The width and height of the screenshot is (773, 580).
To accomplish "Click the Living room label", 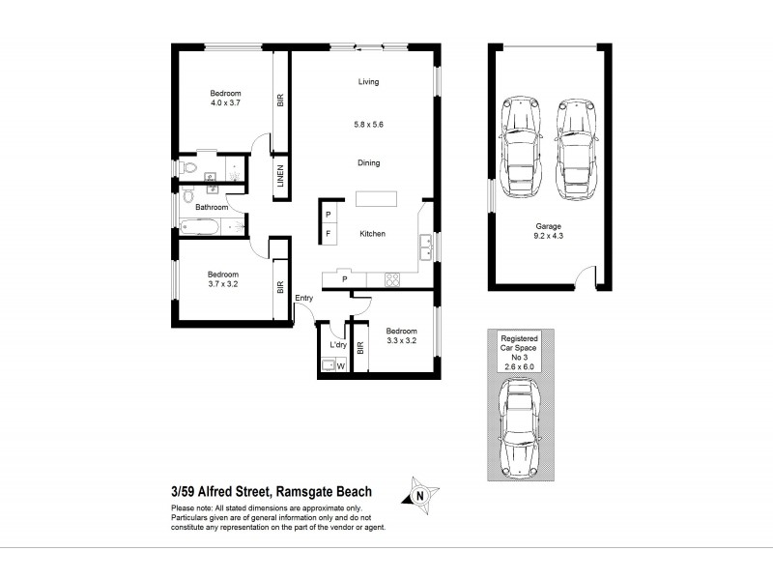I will pyautogui.click(x=366, y=82).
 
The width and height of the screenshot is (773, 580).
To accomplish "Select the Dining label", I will pyautogui.click(x=366, y=163).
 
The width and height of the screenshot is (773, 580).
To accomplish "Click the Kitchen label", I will pyautogui.click(x=373, y=235).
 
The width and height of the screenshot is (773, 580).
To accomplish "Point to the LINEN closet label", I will pyautogui.click(x=280, y=177).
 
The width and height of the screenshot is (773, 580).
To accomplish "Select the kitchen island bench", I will pyautogui.click(x=376, y=199).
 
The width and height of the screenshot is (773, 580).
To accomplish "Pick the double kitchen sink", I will pyautogui.click(x=425, y=247).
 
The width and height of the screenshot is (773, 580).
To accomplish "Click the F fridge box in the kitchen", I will pyautogui.click(x=329, y=234).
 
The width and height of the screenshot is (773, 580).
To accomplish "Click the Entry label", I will pyautogui.click(x=304, y=298).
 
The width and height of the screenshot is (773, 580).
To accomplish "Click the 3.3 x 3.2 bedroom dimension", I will pyautogui.click(x=400, y=339).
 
